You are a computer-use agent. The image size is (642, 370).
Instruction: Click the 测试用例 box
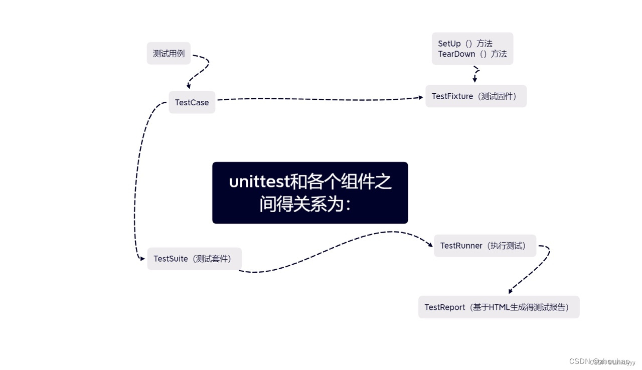click(x=169, y=54)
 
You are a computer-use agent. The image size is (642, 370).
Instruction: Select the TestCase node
click(x=192, y=102)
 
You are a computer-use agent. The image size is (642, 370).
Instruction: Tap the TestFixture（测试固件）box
click(x=475, y=96)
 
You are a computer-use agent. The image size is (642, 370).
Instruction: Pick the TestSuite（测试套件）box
click(x=194, y=259)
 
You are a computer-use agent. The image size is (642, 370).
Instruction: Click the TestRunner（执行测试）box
click(x=485, y=246)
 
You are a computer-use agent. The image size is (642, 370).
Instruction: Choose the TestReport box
click(x=499, y=307)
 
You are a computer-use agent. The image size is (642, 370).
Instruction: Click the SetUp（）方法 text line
click(x=465, y=44)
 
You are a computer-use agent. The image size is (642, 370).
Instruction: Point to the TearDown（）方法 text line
click(x=472, y=54)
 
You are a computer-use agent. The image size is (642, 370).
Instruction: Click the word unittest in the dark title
click(x=259, y=181)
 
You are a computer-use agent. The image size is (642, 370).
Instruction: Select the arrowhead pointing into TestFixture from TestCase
click(x=421, y=97)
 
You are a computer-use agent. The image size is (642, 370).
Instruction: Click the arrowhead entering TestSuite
click(x=142, y=258)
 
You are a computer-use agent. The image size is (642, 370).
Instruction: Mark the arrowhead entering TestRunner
click(x=429, y=245)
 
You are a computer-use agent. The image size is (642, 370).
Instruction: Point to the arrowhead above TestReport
click(x=511, y=291)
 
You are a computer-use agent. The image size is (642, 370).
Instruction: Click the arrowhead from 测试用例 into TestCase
click(x=189, y=86)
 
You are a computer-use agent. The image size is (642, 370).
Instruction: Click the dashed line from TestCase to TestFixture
click(x=321, y=99)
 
